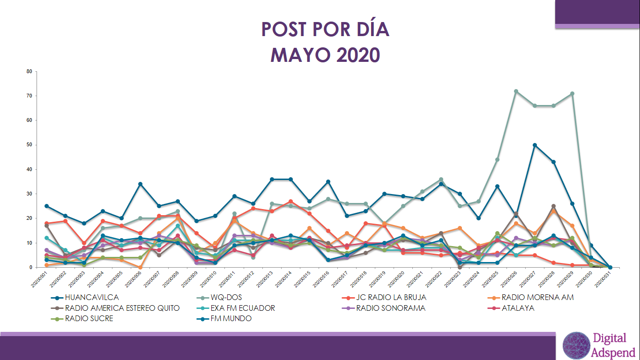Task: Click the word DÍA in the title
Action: pyautogui.click(x=366, y=29)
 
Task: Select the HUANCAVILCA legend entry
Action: pyautogui.click(x=92, y=297)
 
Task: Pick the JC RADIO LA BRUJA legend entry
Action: pyautogui.click(x=391, y=297)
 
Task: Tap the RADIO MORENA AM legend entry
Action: pyautogui.click(x=537, y=297)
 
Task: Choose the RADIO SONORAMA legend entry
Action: pyautogui.click(x=391, y=308)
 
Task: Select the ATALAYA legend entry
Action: pyautogui.click(x=518, y=308)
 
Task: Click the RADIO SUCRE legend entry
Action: pyautogui.click(x=89, y=319)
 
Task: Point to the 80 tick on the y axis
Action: pyautogui.click(x=29, y=72)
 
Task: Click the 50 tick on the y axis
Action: pyautogui.click(x=29, y=145)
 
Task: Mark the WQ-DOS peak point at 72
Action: pyautogui.click(x=516, y=91)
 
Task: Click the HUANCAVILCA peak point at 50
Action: pyautogui.click(x=535, y=145)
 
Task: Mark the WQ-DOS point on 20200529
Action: pyautogui.click(x=572, y=94)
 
